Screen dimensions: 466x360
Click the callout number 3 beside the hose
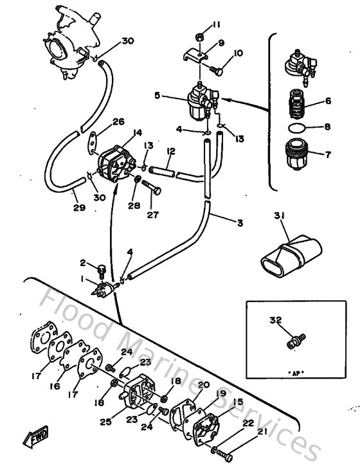click(240, 223)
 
